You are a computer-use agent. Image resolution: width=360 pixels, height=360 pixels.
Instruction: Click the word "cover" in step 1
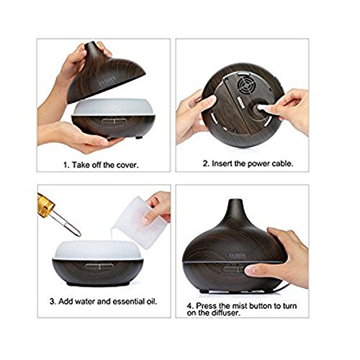pyautogui.click(x=127, y=165)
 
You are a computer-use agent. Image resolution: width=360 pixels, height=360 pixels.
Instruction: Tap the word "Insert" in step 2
pyautogui.click(x=222, y=163)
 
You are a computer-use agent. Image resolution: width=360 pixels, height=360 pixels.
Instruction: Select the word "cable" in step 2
pyautogui.click(x=282, y=163)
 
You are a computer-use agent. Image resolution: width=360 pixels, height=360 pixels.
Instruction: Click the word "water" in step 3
pyautogui.click(x=85, y=301)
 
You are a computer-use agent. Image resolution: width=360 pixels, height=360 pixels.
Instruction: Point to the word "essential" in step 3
pyautogui.click(x=129, y=301)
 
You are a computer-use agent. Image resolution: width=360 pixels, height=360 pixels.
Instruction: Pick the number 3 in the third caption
pyautogui.click(x=53, y=301)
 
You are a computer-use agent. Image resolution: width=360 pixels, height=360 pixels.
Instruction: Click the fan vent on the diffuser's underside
pyautogui.click(x=246, y=85)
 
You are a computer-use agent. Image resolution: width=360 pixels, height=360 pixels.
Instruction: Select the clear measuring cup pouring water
pyautogui.click(x=138, y=222)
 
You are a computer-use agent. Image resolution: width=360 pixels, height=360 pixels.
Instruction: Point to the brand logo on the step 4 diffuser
pyautogui.click(x=237, y=256)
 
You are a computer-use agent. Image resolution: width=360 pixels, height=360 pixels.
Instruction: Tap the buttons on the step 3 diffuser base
pyautogui.click(x=99, y=266)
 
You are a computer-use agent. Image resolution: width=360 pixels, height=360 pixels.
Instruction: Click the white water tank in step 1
pyautogui.click(x=113, y=107)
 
